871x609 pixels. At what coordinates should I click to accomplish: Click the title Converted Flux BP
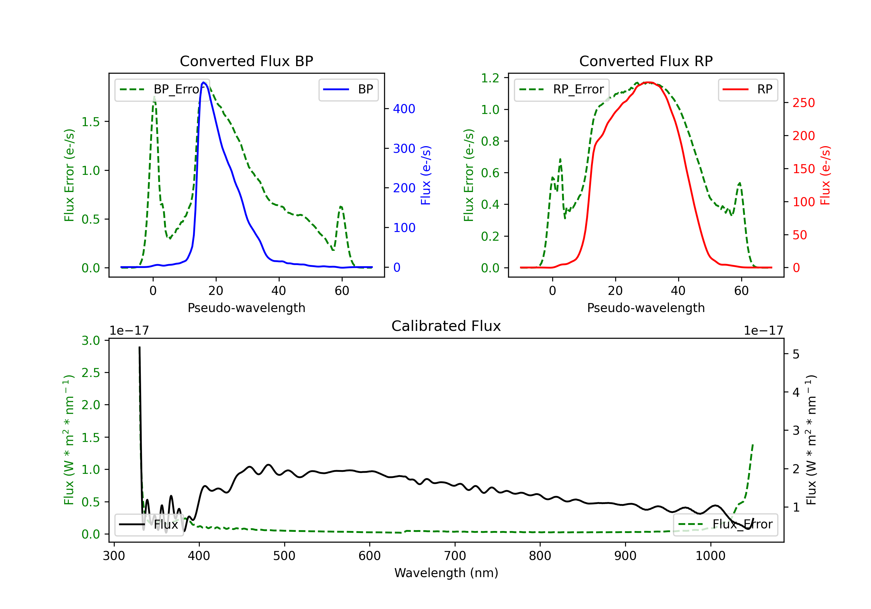pos(246,61)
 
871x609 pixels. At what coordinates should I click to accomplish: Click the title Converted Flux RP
pos(646,61)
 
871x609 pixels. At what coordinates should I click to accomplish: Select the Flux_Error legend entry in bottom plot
pos(725,525)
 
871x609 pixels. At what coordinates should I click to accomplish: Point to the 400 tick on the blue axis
pos(404,109)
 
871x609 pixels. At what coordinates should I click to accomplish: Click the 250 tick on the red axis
pos(803,103)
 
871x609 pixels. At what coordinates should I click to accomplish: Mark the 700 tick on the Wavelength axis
pos(455,556)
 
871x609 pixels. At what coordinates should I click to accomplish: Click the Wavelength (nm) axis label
pos(446,573)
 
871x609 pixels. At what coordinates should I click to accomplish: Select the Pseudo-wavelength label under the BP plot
pos(246,308)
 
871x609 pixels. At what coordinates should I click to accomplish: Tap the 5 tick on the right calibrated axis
pos(796,354)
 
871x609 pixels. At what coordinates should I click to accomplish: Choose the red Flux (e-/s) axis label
pos(825,175)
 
